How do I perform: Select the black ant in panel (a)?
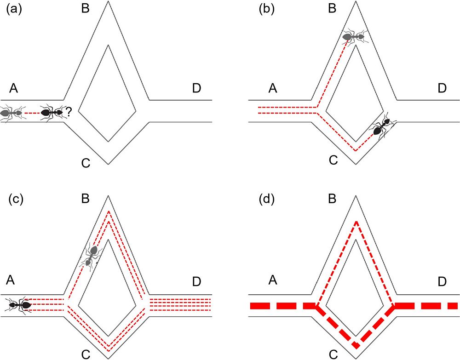click(x=51, y=112)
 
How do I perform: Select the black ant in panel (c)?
click(x=19, y=304)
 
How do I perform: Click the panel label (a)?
click(x=14, y=9)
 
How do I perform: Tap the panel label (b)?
click(x=263, y=9)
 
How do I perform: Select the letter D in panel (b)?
click(x=442, y=88)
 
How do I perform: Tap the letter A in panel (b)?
click(x=272, y=88)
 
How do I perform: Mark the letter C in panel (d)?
click(x=333, y=354)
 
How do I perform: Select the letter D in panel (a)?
click(x=196, y=88)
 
